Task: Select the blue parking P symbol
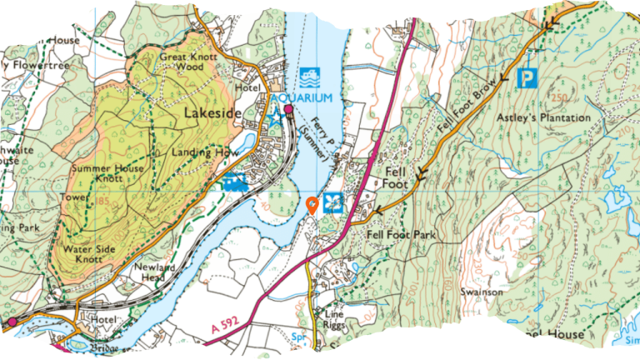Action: click(526, 79)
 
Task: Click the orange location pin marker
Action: click(312, 204)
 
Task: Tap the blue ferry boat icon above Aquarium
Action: click(310, 77)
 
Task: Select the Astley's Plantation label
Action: click(543, 118)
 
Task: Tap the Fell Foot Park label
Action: click(402, 236)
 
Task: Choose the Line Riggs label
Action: click(333, 318)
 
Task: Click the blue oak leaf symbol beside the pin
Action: click(333, 202)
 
